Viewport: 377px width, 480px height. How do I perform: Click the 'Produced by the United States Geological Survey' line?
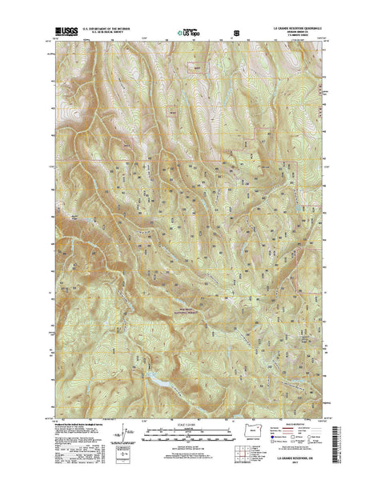[x=84, y=424]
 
